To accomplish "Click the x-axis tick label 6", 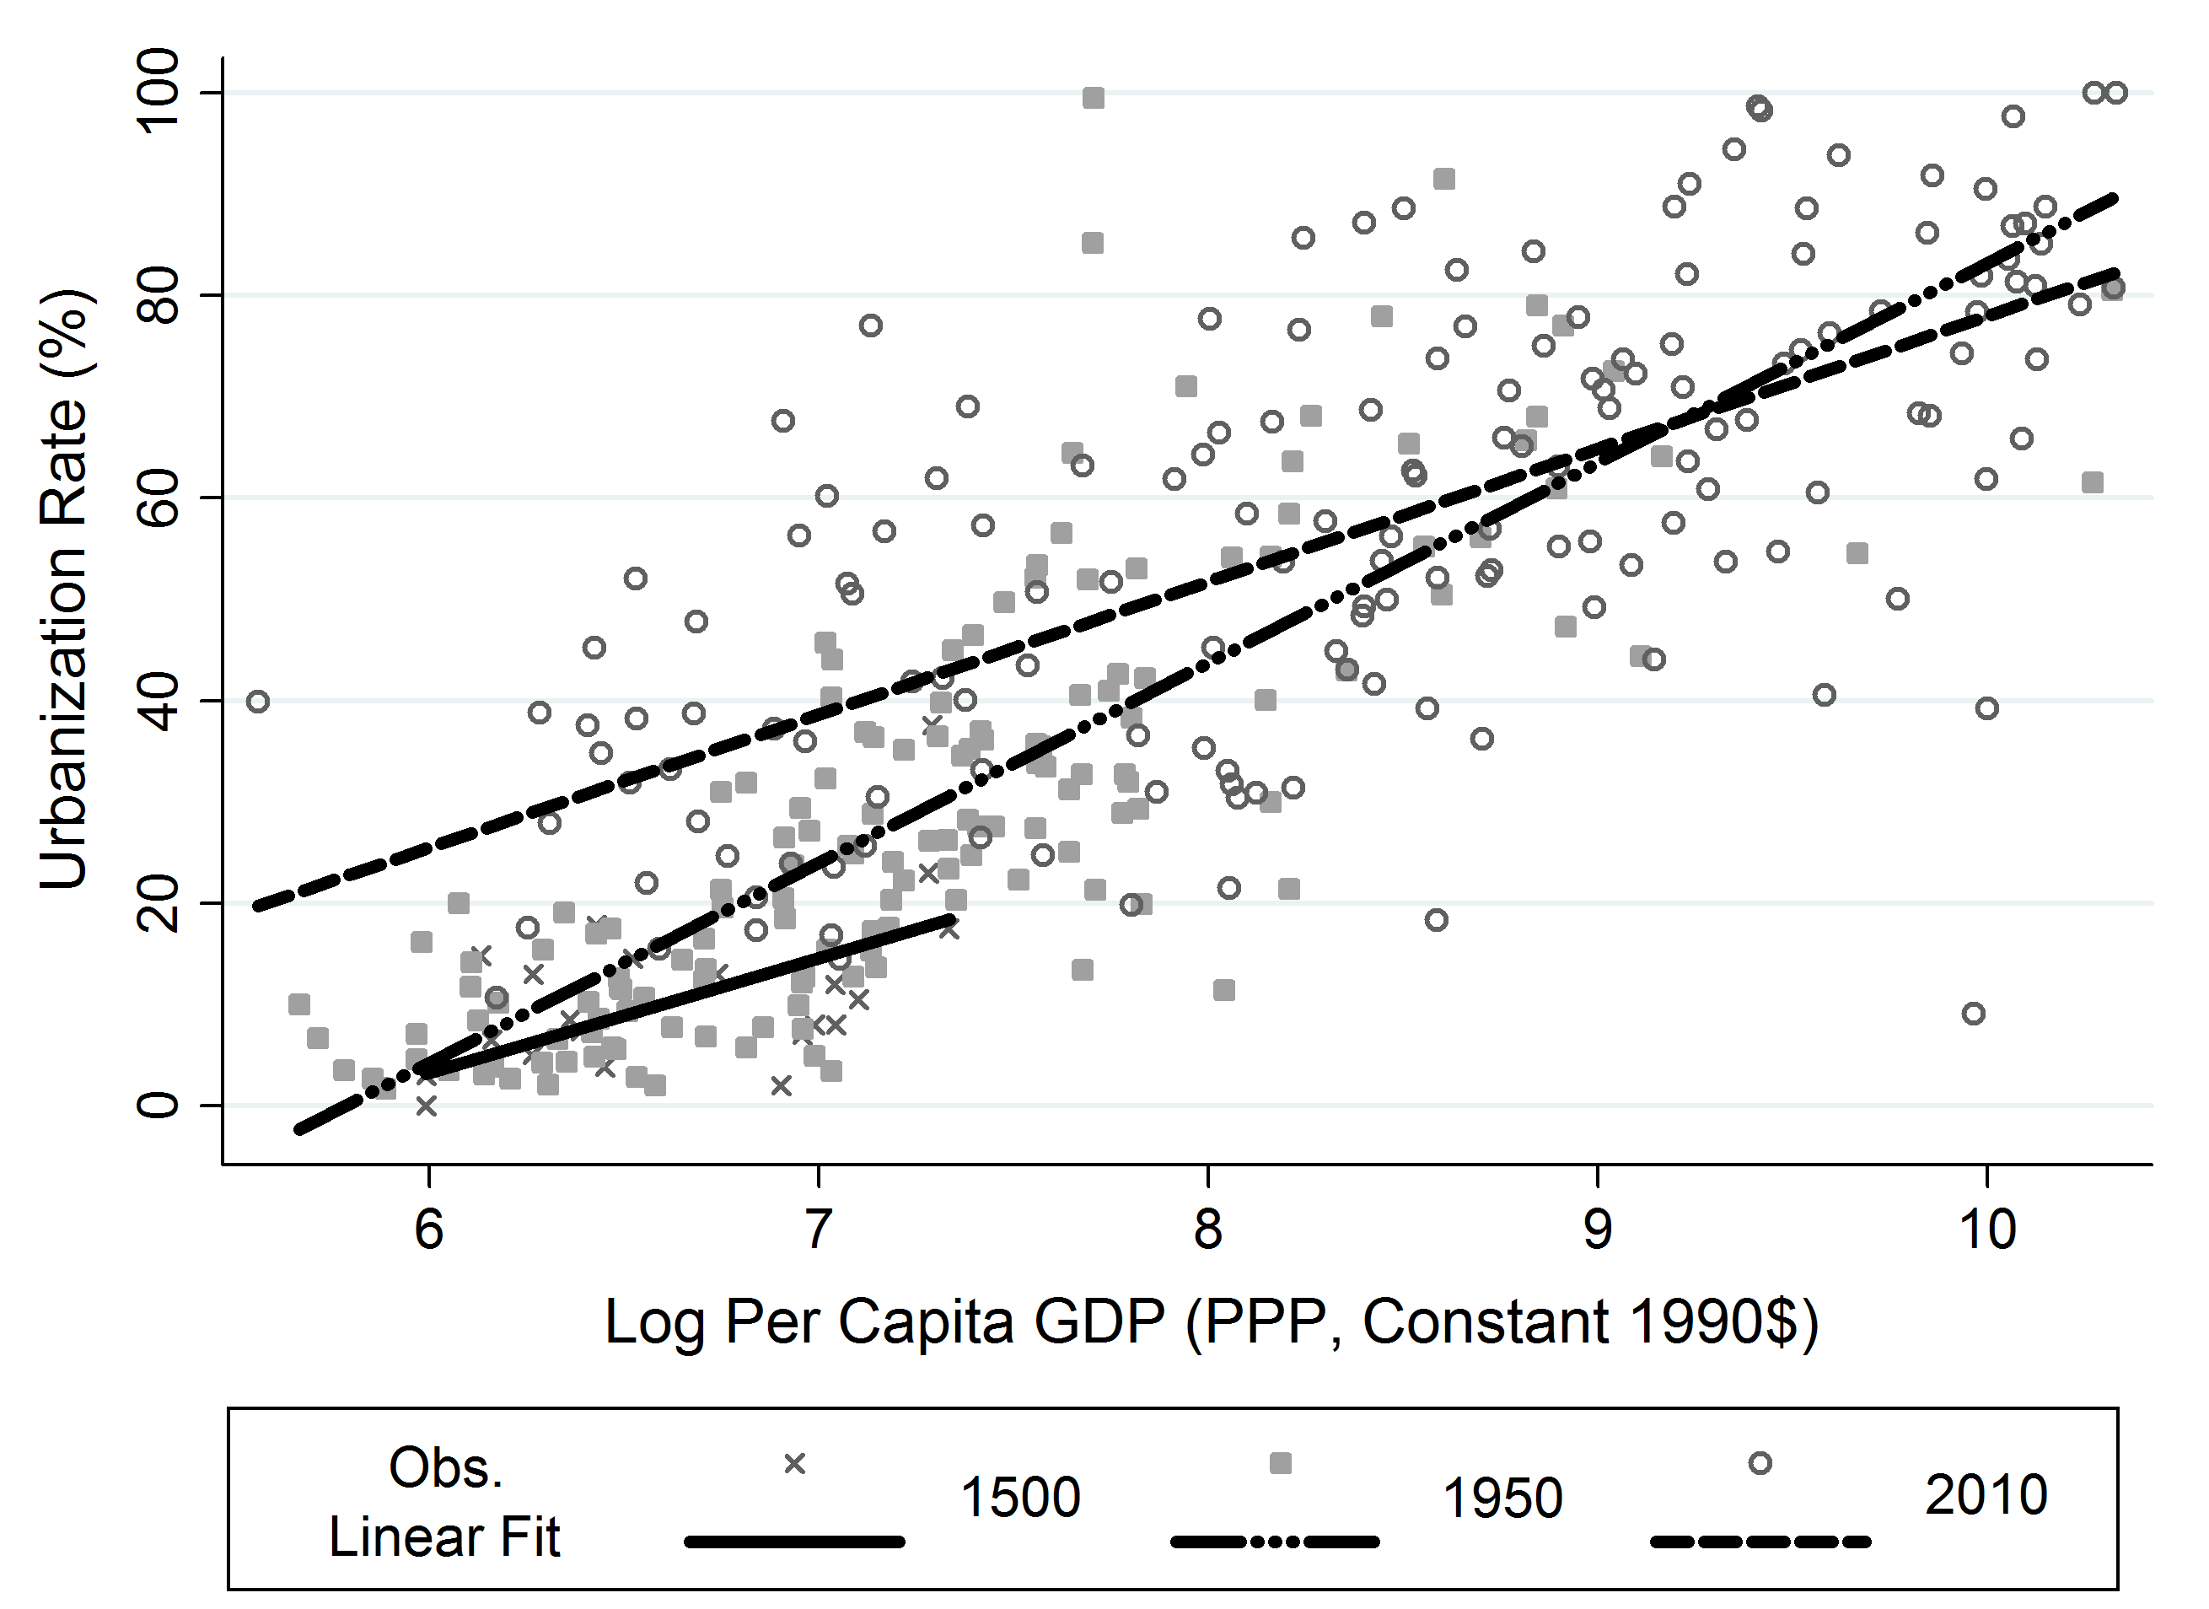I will click(428, 1230).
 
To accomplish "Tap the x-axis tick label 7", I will click(818, 1230).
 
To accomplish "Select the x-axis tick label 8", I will click(1207, 1230).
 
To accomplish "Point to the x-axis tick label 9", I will click(1598, 1230).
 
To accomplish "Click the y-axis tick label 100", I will click(158, 93).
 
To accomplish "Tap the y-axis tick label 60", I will click(158, 498).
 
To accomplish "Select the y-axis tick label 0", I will click(158, 1106).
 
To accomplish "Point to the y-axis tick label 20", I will click(158, 903).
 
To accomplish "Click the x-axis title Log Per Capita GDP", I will click(1211, 1322).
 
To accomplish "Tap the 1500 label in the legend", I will click(1019, 1497).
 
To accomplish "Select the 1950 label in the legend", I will click(1502, 1497).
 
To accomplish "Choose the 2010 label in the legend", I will click(1986, 1495).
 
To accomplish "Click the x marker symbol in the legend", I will click(795, 1464).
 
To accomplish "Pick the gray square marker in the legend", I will click(1280, 1463).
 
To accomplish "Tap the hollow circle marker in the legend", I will click(1760, 1463).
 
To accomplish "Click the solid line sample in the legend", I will click(795, 1542).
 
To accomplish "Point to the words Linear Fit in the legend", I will click(444, 1538).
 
